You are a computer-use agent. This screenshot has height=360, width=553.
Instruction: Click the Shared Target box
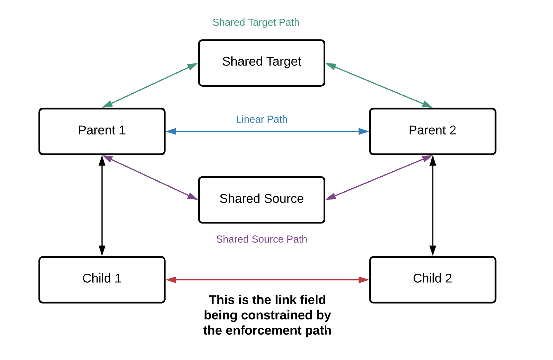tap(262, 63)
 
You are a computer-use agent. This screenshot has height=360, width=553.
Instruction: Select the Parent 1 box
tap(102, 132)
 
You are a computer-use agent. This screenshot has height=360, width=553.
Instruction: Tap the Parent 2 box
tap(433, 132)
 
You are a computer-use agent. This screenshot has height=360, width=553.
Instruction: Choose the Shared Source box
tap(262, 200)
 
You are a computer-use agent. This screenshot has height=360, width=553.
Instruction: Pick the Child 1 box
tap(102, 280)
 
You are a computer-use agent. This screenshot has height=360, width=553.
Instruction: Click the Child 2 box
tap(433, 280)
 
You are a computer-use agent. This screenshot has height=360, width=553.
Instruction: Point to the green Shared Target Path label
tap(256, 22)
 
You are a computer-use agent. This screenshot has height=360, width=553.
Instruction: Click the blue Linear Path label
tap(262, 119)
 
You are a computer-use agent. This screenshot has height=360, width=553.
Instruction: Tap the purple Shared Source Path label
tap(262, 239)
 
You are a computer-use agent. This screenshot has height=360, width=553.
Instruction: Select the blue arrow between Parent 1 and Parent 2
tap(267, 132)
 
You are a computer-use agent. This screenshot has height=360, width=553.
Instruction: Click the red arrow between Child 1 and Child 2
tap(267, 280)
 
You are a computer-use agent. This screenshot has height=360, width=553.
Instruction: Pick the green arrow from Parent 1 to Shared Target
tap(150, 85)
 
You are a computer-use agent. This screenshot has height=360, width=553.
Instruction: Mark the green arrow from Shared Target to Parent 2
tap(379, 85)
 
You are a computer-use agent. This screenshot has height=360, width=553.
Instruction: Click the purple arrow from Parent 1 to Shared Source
tap(150, 177)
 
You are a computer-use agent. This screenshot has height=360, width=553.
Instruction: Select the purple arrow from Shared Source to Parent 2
tap(379, 177)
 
